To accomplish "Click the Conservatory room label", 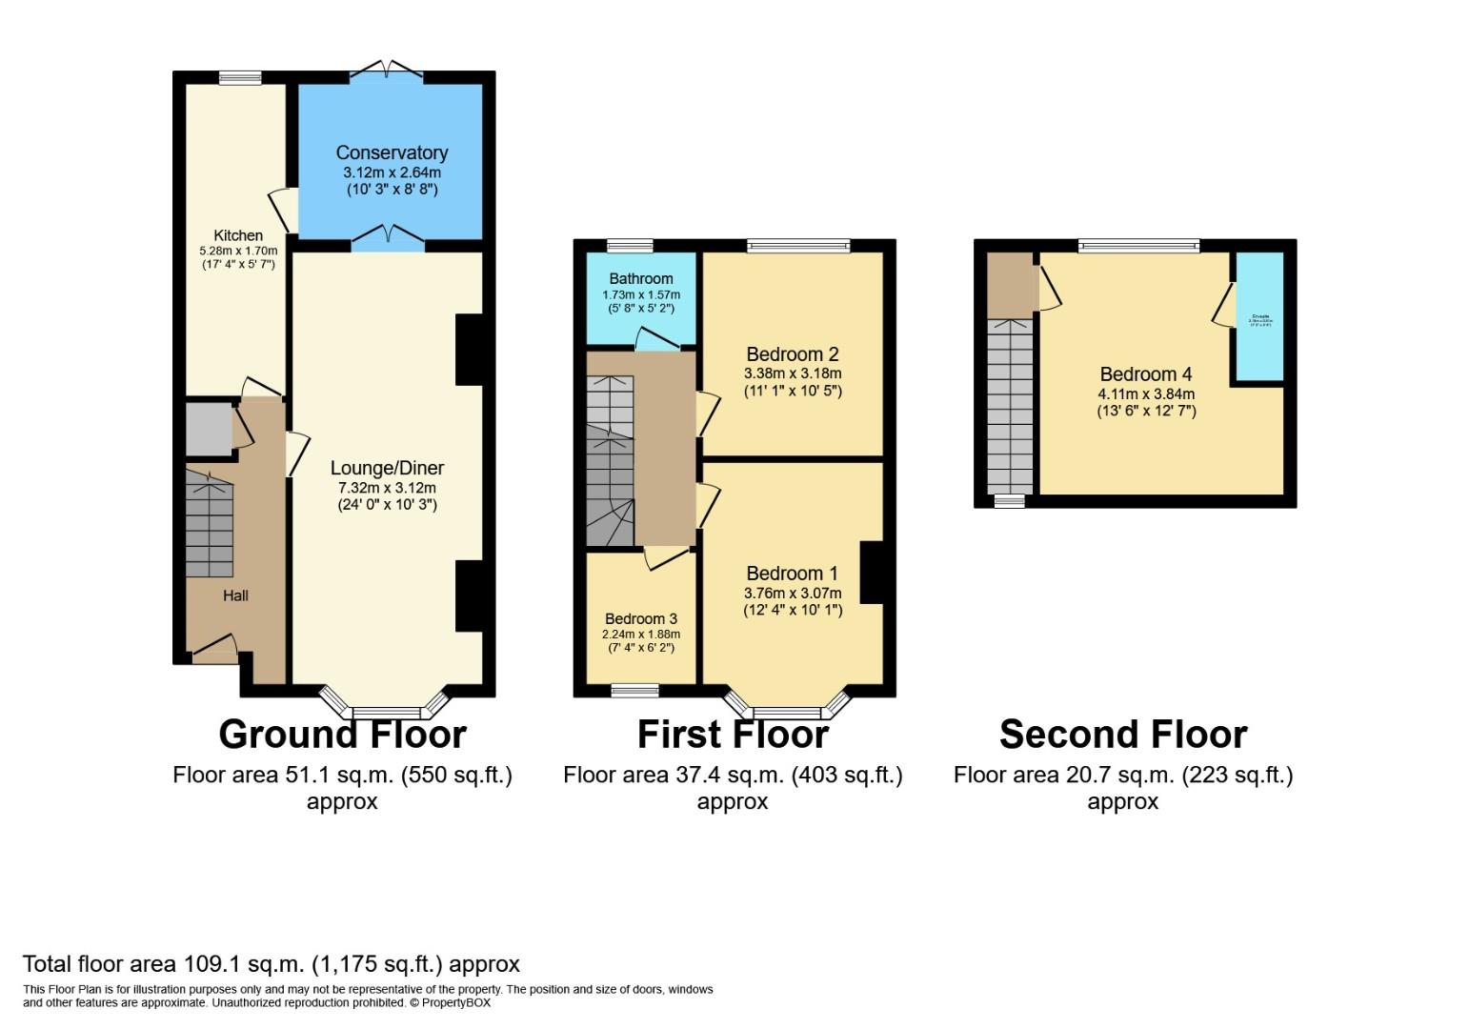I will [x=392, y=152].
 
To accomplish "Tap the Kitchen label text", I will [x=237, y=235].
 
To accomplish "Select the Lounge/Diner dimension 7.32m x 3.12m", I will [x=387, y=488].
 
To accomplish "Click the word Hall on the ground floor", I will [x=235, y=595].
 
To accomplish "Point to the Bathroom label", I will [x=640, y=278].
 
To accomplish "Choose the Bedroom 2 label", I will [x=792, y=354].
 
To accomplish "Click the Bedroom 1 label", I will [x=792, y=573].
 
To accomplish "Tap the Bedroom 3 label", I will [x=640, y=618].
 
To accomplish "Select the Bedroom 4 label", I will [x=1145, y=374].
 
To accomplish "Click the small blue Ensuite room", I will [x=1259, y=318].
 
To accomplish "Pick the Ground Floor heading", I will [x=342, y=735].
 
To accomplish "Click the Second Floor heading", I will [x=1122, y=735].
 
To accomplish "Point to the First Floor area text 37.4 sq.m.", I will [x=732, y=775].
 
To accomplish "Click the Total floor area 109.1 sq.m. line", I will [x=271, y=964].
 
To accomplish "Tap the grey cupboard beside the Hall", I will [x=208, y=430].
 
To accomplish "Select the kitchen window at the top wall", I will [x=239, y=78].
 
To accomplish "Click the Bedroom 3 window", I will [x=634, y=691].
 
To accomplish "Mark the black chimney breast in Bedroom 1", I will [x=872, y=572].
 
